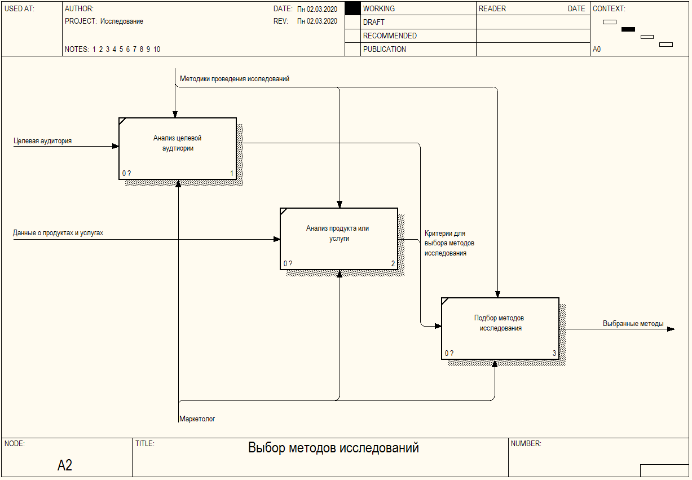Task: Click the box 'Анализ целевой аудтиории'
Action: point(177,148)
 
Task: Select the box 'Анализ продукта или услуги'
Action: point(338,239)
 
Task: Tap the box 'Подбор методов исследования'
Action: point(500,328)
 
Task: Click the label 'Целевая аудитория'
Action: point(43,141)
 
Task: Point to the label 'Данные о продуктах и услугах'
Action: point(58,232)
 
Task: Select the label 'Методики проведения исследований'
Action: point(235,79)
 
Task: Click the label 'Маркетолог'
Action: point(197,419)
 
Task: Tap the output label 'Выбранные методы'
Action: point(633,324)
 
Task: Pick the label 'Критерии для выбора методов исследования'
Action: point(449,243)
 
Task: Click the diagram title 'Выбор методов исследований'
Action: point(333,448)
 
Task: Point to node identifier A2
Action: point(65,465)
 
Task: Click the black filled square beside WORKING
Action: point(352,8)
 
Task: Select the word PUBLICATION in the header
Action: point(385,49)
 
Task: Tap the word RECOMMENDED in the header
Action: point(390,36)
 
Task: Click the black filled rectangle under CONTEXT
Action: point(628,29)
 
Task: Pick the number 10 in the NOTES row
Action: point(157,49)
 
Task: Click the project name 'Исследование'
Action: point(122,21)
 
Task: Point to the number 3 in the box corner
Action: point(554,354)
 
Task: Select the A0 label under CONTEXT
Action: point(597,49)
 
